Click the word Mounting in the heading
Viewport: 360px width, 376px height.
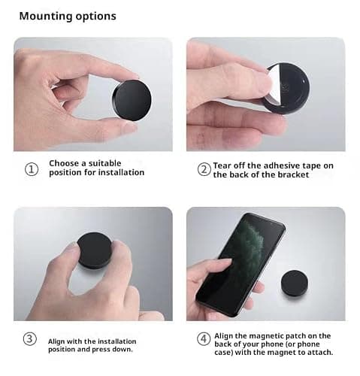[x=46, y=17]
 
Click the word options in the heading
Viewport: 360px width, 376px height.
[x=96, y=17]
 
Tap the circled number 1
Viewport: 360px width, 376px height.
[x=32, y=169]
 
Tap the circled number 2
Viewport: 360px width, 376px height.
[x=204, y=169]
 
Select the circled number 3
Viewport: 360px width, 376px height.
[x=30, y=338]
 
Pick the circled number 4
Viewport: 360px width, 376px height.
[x=204, y=339]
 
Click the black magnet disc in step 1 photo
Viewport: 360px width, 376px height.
[x=132, y=101]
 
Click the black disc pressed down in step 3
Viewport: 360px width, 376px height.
[x=95, y=250]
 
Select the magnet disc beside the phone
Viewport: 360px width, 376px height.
[x=295, y=284]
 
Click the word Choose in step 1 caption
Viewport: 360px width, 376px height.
[x=64, y=163]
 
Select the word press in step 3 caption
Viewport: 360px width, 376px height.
[x=101, y=350]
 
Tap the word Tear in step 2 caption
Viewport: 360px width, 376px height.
[x=222, y=165]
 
